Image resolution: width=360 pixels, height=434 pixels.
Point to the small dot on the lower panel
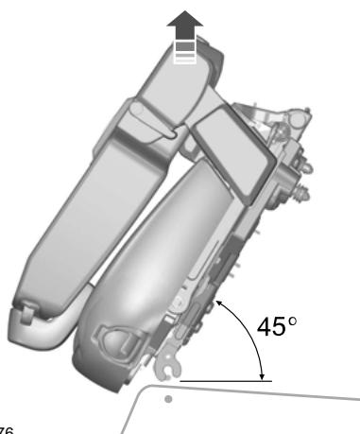tap(169, 399)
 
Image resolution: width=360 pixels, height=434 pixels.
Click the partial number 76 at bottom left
tap(5, 428)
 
